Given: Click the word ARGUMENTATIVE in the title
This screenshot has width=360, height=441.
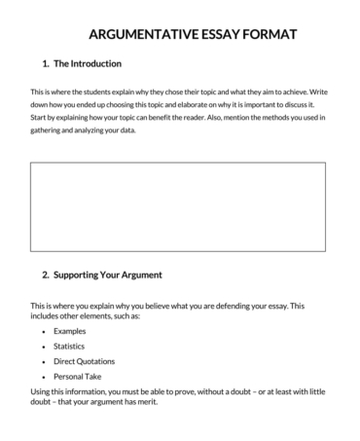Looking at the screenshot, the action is [x=140, y=35].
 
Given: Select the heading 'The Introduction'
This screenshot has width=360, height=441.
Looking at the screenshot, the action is [x=89, y=64].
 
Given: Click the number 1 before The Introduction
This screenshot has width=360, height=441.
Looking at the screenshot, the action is [x=45, y=64].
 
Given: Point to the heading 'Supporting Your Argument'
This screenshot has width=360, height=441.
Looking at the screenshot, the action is [x=108, y=276].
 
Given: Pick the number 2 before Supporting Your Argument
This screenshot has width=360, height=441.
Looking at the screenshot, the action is [x=45, y=276].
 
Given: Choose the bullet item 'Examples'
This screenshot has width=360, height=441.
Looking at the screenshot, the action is [x=70, y=331].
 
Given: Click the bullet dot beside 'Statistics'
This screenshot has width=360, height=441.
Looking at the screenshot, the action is [x=44, y=347].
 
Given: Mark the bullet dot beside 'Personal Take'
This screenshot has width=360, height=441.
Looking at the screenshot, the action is [x=44, y=377].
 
